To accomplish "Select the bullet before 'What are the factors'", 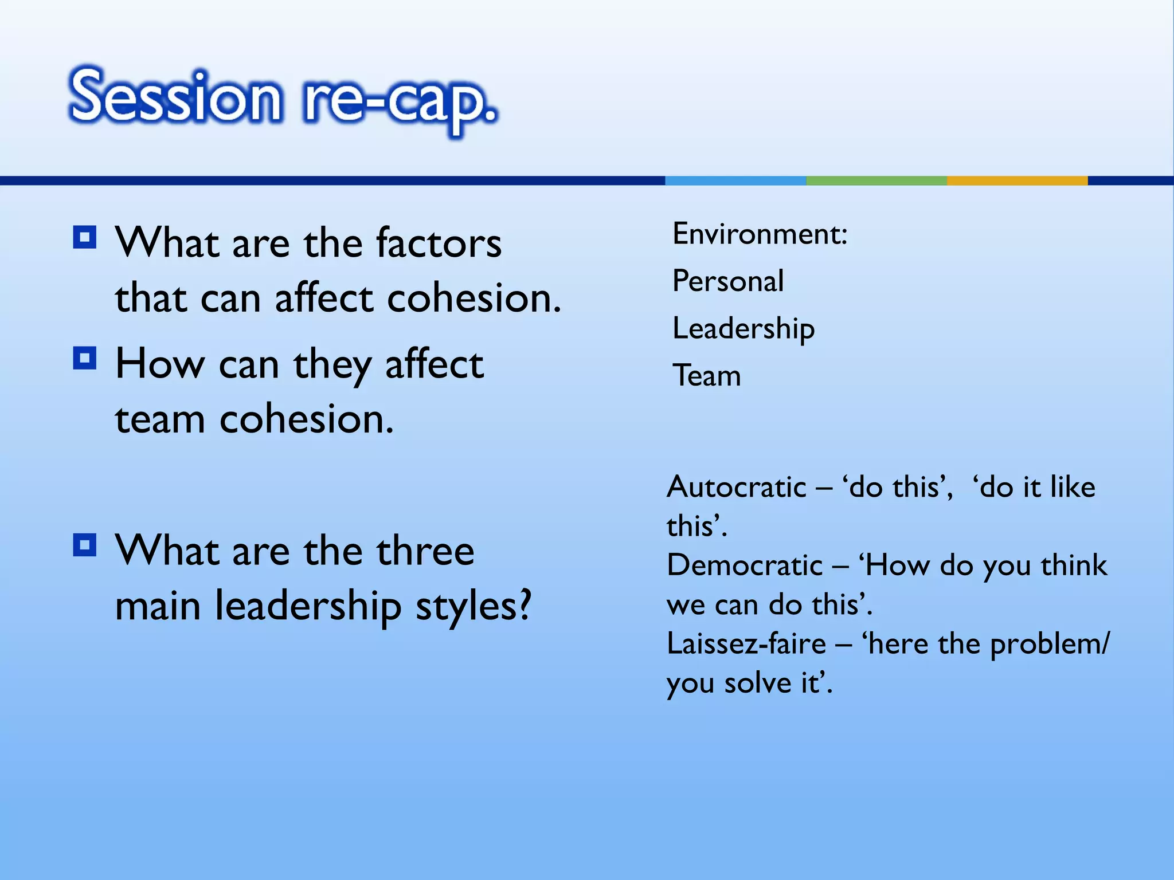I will pyautogui.click(x=85, y=237).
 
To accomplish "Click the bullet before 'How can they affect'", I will pyautogui.click(x=85, y=359).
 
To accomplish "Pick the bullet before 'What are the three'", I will pyautogui.click(x=85, y=545).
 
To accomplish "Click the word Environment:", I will pyautogui.click(x=760, y=234).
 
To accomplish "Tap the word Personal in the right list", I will pyautogui.click(x=728, y=281).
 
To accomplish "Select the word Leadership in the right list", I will pyautogui.click(x=743, y=329).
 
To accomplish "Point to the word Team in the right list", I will pyautogui.click(x=707, y=376).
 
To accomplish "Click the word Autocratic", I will pyautogui.click(x=737, y=487).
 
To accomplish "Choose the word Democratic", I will pyautogui.click(x=745, y=565).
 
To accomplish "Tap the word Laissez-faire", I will pyautogui.click(x=746, y=644).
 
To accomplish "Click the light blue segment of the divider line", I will pyautogui.click(x=735, y=180).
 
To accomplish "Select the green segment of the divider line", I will pyautogui.click(x=876, y=180).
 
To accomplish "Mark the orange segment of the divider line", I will pyautogui.click(x=1017, y=180).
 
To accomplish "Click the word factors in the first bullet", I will pyautogui.click(x=439, y=243).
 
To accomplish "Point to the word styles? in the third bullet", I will pyautogui.click(x=473, y=606).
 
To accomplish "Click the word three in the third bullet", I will pyautogui.click(x=425, y=551).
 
